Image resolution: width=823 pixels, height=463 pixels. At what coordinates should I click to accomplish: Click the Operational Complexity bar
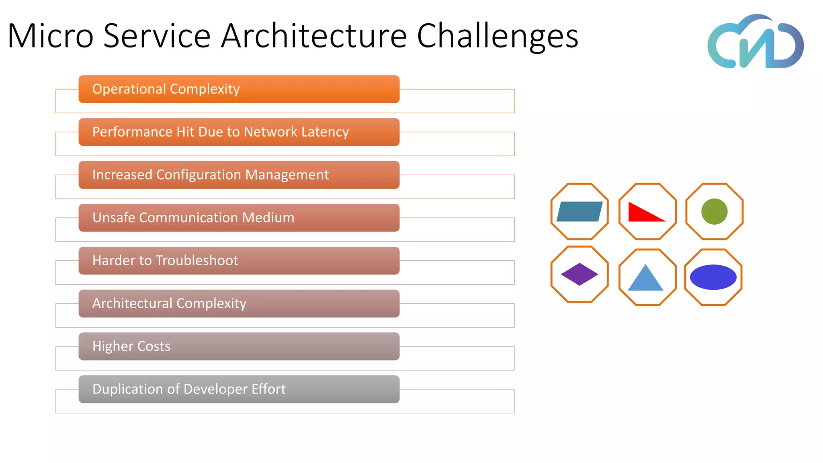tap(239, 89)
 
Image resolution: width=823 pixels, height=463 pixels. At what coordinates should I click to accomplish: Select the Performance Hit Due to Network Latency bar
tap(239, 132)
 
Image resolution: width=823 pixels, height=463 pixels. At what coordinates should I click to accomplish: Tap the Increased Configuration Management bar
tap(239, 175)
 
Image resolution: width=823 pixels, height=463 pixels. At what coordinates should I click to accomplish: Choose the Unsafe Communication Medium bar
tap(239, 218)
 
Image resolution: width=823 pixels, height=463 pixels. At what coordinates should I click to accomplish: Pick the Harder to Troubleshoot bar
tap(239, 261)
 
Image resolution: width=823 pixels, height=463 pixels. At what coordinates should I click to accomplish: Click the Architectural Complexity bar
tap(239, 303)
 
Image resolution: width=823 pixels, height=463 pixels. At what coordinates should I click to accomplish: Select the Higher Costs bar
tap(239, 346)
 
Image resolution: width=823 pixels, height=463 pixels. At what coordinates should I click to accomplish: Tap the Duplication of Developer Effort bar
tap(239, 389)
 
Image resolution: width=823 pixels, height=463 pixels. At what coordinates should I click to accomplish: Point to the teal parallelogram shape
tap(579, 211)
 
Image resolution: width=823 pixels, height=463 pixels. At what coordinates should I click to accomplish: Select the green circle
tap(714, 211)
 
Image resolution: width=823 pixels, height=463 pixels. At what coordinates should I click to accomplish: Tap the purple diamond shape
tap(579, 275)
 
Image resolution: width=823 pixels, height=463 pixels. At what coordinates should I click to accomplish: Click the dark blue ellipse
tap(713, 277)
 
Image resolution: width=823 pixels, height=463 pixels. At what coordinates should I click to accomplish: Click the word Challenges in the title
tap(497, 36)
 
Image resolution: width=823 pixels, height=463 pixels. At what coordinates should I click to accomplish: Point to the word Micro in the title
tap(51, 36)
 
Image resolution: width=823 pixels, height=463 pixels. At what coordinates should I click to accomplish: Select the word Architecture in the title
tap(314, 36)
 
